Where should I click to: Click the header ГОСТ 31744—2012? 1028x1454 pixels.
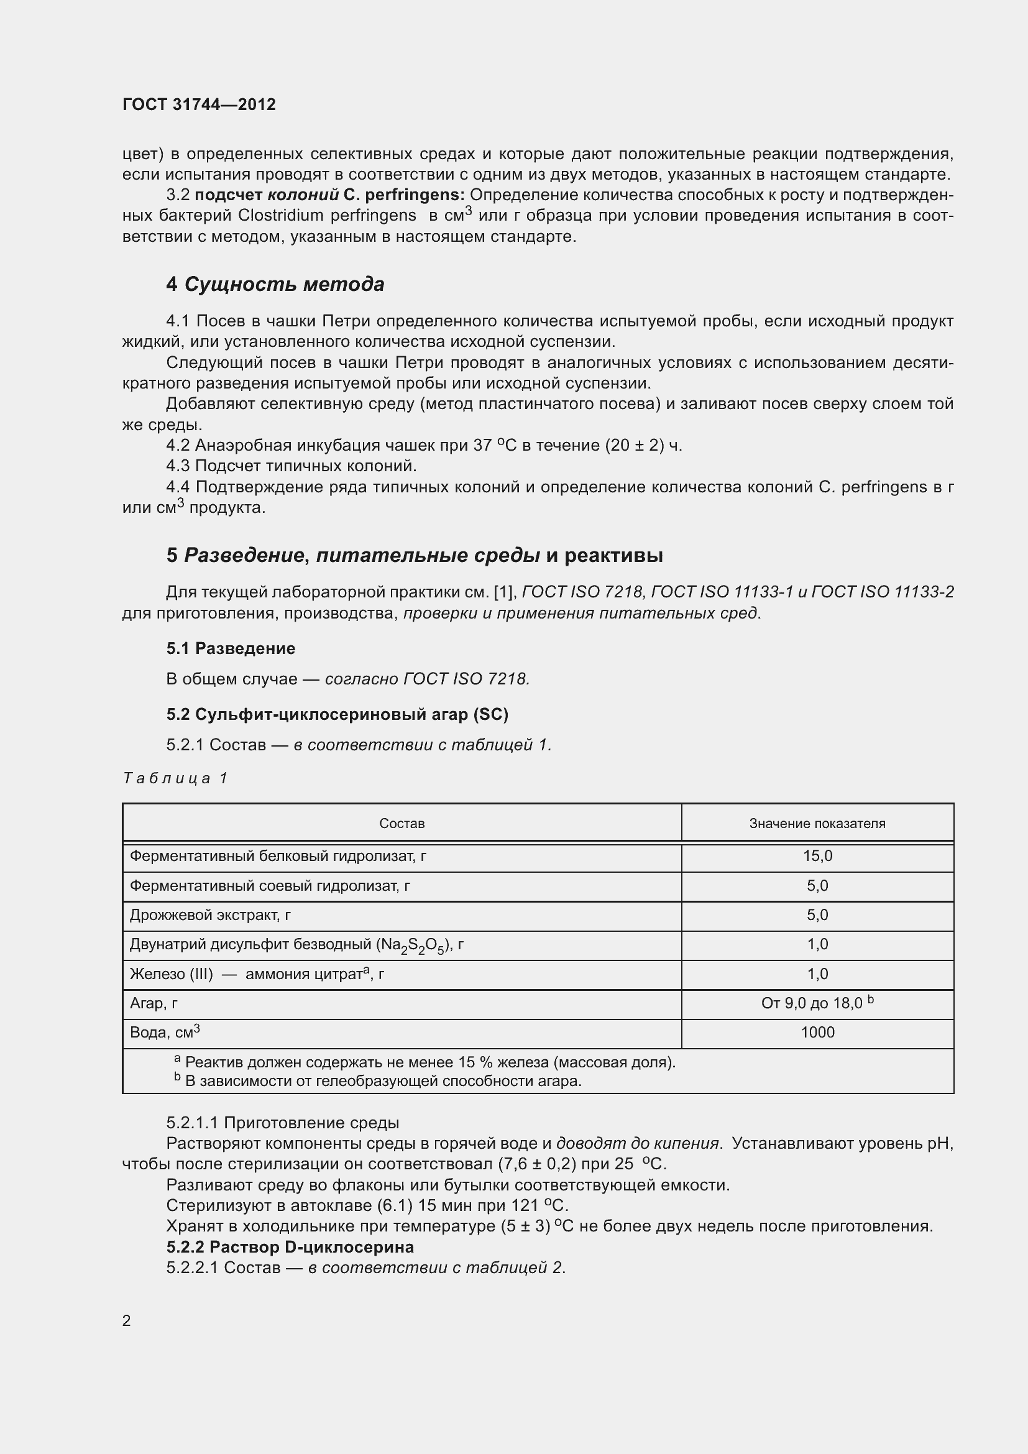click(199, 104)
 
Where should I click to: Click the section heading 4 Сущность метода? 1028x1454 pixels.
click(275, 284)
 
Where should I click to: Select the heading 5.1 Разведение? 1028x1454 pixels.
click(231, 648)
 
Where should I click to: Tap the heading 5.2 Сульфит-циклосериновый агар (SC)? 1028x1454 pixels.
click(337, 714)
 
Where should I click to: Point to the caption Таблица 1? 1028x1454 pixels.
click(175, 778)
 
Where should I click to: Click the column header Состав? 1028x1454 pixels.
click(402, 823)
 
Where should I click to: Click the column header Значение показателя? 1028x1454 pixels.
click(817, 823)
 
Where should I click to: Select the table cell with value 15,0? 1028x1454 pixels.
click(817, 856)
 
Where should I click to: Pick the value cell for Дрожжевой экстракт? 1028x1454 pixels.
click(817, 915)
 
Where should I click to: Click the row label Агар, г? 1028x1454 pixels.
click(154, 1003)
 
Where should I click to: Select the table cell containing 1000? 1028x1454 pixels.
click(817, 1033)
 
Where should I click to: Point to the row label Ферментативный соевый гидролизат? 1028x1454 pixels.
click(270, 886)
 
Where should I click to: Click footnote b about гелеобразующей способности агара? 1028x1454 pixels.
click(380, 1081)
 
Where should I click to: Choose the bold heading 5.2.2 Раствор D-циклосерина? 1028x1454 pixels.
click(290, 1248)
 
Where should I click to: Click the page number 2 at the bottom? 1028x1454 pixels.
click(127, 1321)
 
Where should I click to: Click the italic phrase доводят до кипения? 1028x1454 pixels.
click(638, 1144)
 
